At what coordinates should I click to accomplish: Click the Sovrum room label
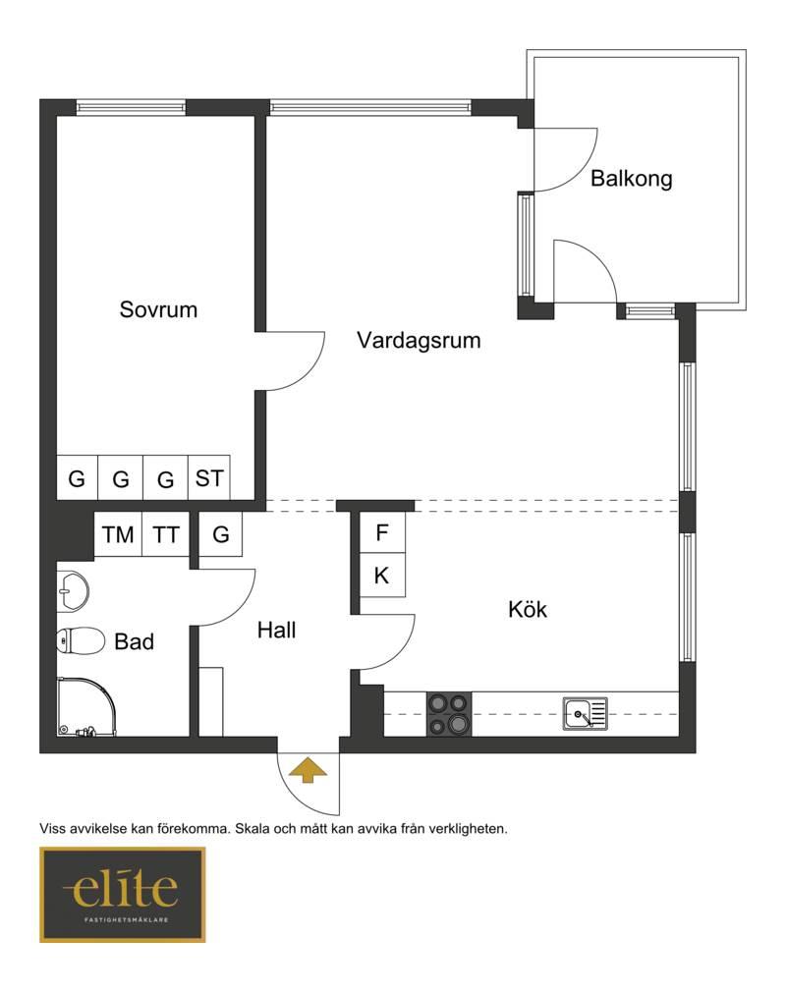pos(158,309)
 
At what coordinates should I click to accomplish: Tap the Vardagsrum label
pos(419,341)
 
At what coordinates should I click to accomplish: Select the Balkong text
pos(632,179)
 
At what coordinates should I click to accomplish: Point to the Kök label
pos(528,609)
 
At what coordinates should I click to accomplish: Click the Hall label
pos(277,631)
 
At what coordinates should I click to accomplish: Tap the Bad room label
pos(135,641)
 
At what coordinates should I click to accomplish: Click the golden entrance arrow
pos(309,769)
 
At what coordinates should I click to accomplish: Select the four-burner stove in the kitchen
pos(449,714)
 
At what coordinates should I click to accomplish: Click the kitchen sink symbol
pos(586,714)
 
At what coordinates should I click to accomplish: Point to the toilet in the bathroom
pos(81,640)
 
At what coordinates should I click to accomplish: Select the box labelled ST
pos(209,477)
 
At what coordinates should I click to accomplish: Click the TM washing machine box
pos(118,534)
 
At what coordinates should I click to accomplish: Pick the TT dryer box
pos(166,534)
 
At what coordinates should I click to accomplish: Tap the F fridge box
pos(382,532)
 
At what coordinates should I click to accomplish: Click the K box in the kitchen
pos(382,575)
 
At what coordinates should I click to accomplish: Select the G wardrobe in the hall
pos(220,534)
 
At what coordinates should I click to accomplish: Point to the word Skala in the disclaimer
pos(253,828)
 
